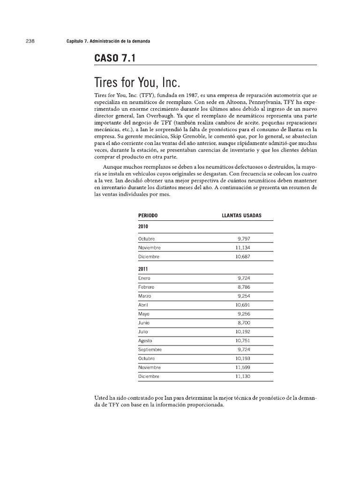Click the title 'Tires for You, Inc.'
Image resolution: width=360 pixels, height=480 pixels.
[137, 82]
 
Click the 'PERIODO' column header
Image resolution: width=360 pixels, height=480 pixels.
[148, 215]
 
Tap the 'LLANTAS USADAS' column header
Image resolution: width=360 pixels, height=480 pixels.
[241, 215]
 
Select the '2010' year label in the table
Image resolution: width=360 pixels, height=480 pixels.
[143, 226]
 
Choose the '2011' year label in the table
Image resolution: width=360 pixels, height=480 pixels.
[143, 270]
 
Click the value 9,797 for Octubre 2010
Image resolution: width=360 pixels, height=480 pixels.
[244, 239]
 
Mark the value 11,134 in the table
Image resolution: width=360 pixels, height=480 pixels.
[243, 247]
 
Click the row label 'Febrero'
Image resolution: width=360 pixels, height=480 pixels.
[146, 287]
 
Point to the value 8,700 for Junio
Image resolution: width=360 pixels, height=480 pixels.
[244, 322]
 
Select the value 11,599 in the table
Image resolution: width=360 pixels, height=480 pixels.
[243, 367]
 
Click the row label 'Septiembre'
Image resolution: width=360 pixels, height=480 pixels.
[150, 349]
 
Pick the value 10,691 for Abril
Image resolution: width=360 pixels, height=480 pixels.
[243, 305]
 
